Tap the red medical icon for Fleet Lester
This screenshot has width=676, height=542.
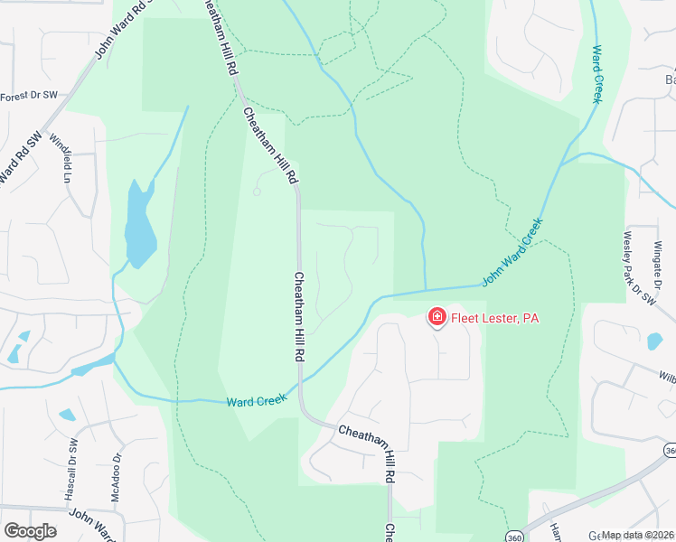[x=437, y=316]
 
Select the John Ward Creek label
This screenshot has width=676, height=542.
[x=512, y=252]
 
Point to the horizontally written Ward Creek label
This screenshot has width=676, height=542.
[x=256, y=399]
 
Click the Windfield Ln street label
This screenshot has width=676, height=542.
[x=66, y=159]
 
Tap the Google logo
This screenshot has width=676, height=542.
[x=30, y=531]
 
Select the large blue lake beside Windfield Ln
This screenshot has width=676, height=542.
[x=139, y=226]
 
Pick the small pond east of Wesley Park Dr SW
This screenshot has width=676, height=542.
[x=654, y=341]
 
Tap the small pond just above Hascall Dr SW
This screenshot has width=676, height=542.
[x=67, y=416]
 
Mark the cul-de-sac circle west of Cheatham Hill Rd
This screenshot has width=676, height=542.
[x=258, y=192]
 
